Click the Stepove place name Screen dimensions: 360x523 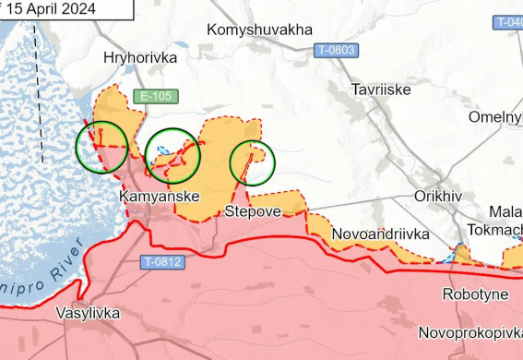point(253,212)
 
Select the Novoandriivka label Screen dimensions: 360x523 point(380,234)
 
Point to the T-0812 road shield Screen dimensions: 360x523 point(162,262)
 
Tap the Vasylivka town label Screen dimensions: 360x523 point(87,313)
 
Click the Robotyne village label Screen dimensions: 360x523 point(475,294)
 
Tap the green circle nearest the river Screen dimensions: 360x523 point(101,147)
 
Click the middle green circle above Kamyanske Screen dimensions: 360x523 point(173,154)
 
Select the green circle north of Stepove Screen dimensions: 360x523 point(252,162)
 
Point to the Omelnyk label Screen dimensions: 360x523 point(495,117)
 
